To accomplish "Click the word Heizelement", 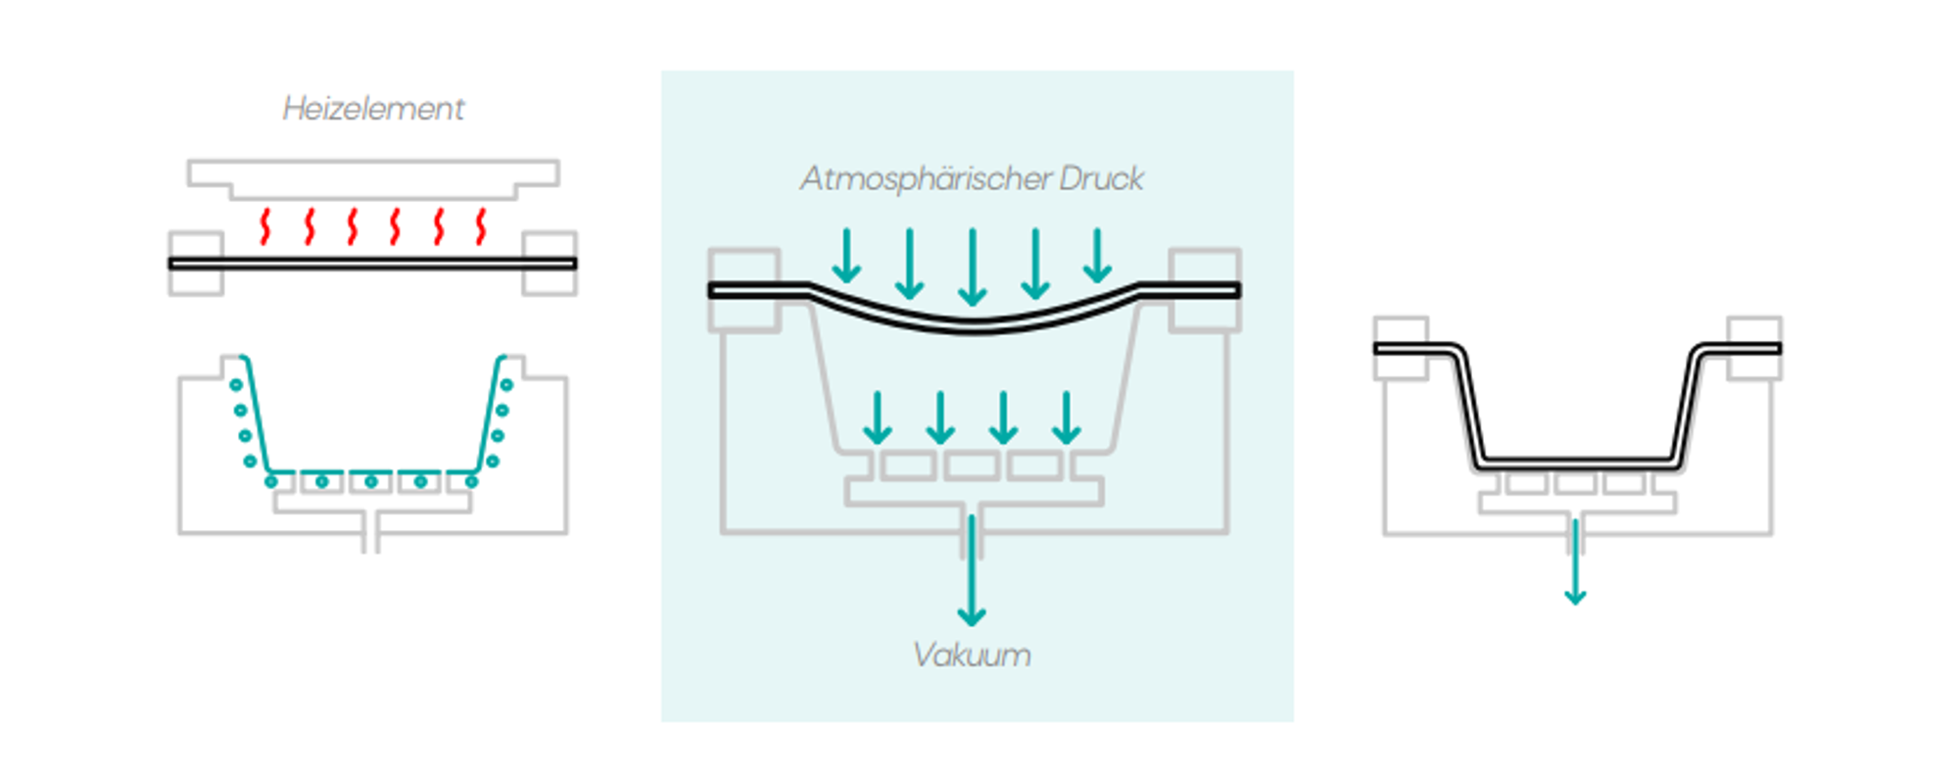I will pos(373,108).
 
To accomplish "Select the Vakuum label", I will pos(972,654).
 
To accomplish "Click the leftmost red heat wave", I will pos(264,226).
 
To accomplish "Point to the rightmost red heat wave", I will pos(481,226).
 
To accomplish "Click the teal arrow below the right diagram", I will pos(1575,563).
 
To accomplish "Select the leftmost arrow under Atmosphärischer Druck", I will pos(846,256).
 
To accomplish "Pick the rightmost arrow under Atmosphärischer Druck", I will pos(1098,256).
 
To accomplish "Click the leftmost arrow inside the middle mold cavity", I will pos(878,418).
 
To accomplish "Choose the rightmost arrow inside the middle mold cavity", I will pos(1067,418).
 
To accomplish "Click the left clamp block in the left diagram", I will pos(196,263).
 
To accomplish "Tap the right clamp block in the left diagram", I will pos(549,263).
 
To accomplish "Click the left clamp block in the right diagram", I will pos(1401,348).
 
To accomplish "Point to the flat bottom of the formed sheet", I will pos(1577,460).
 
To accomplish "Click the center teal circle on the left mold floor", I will pos(371,481).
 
